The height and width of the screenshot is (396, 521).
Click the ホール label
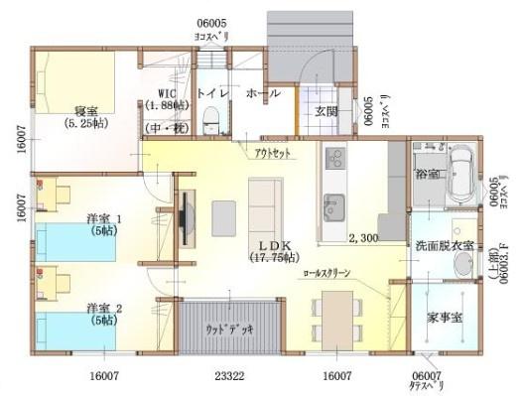click(262, 93)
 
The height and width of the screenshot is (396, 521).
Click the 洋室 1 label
click(103, 219)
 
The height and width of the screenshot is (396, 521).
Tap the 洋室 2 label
click(103, 307)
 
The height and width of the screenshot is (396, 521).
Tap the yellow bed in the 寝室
click(75, 79)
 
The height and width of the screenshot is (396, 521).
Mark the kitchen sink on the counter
click(332, 206)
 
